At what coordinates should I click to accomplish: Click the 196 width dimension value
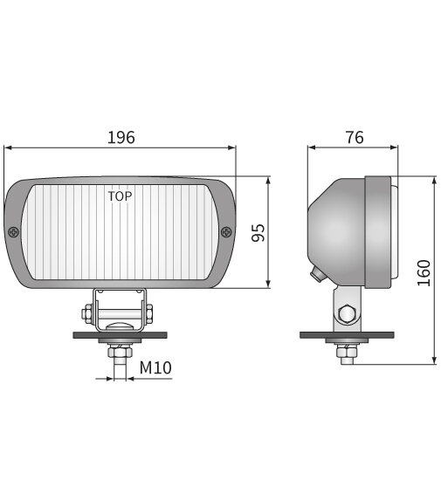(121, 137)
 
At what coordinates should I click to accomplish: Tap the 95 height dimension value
(258, 232)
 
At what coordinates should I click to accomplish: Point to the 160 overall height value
(424, 271)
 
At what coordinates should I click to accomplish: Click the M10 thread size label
(155, 368)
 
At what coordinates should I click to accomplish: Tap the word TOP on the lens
(120, 196)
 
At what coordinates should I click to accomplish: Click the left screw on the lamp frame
(15, 232)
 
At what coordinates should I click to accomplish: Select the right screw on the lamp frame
(226, 232)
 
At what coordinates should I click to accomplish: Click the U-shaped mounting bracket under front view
(120, 305)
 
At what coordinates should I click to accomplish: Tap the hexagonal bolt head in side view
(347, 312)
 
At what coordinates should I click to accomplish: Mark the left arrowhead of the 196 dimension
(8, 148)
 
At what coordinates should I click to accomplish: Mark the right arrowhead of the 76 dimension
(397, 148)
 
